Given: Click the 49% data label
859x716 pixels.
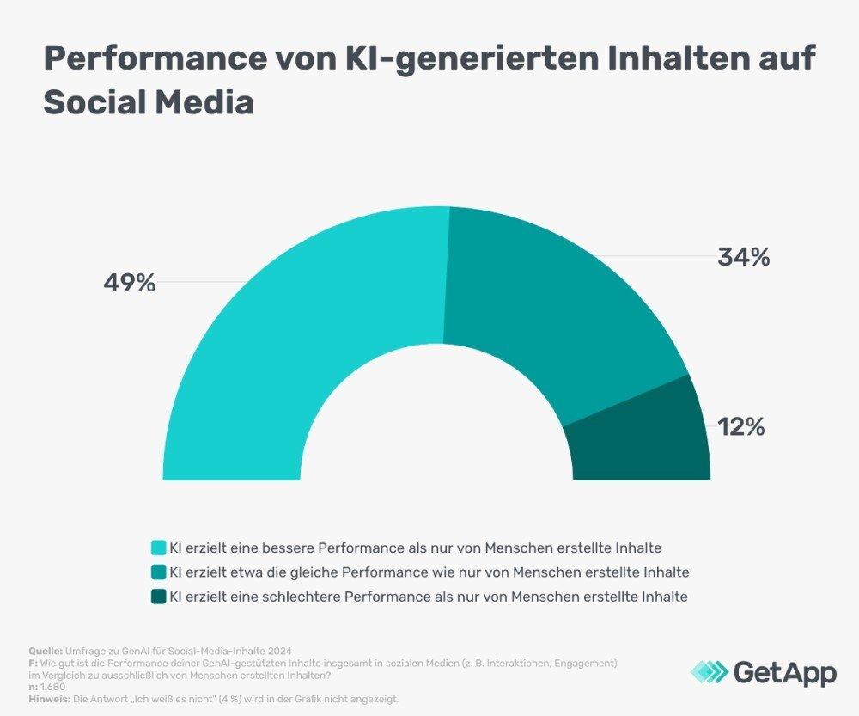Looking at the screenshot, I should [x=130, y=283].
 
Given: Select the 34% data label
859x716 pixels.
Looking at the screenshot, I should [x=744, y=256].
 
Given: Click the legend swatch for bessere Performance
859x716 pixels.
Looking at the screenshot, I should [x=158, y=548].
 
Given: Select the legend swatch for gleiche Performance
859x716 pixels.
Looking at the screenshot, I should [x=158, y=572].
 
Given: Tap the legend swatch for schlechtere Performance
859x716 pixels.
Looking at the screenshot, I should [x=158, y=596].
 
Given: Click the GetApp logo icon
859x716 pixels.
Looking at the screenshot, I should [x=710, y=672].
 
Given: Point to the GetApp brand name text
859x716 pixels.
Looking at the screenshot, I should [x=784, y=672].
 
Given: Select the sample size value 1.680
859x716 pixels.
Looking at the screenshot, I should [x=50, y=687].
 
